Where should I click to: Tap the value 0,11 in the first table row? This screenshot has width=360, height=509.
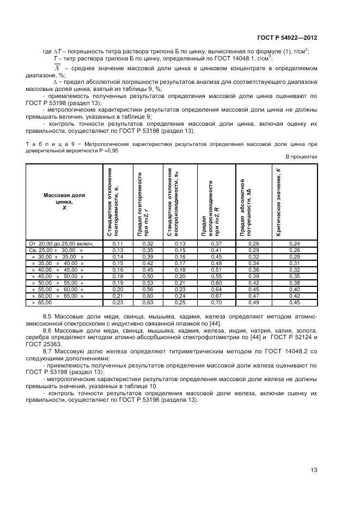coord(118,243)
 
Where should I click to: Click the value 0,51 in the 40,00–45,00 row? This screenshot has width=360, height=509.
coord(216,269)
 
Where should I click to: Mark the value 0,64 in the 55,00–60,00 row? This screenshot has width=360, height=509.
coord(216,289)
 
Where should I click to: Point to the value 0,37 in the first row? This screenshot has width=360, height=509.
coord(216,243)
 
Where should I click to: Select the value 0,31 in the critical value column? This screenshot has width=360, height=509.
coord(294,263)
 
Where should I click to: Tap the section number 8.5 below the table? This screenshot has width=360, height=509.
coord(47,316)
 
